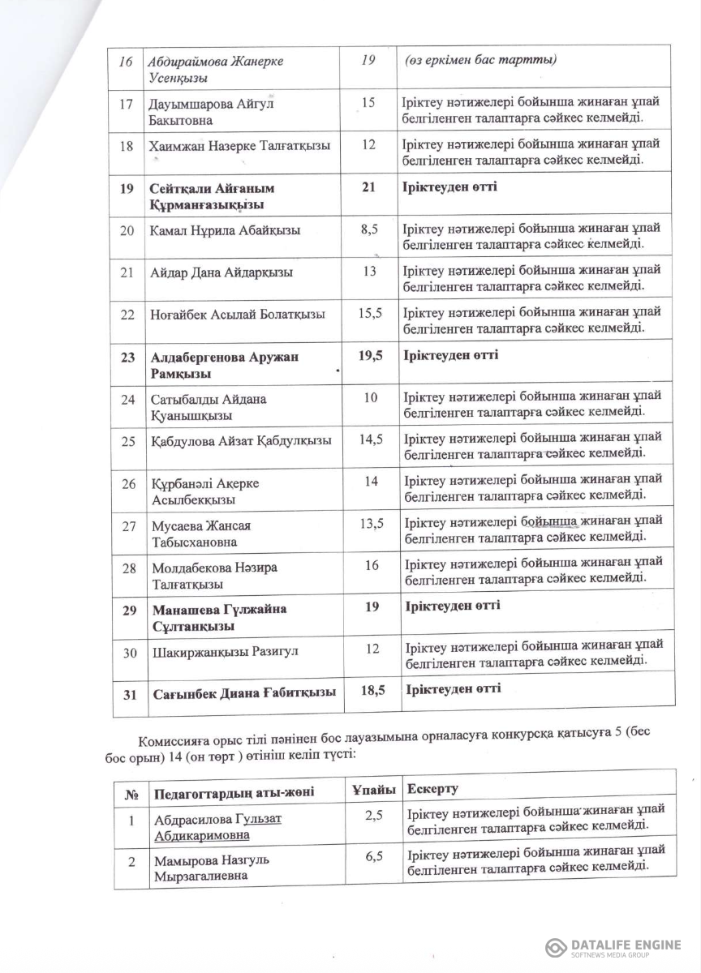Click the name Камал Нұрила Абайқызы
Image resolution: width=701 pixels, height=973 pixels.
coord(226,230)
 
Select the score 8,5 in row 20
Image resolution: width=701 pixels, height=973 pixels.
coord(369,229)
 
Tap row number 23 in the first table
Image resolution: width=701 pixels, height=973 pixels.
coord(127,357)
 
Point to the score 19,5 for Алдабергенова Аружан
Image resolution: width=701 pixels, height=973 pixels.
coord(370,355)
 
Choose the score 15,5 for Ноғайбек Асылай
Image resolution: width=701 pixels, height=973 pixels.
coord(369,313)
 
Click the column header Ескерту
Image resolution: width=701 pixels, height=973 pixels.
coord(432,788)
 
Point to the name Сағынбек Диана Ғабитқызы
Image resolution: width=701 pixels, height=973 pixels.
coord(243,694)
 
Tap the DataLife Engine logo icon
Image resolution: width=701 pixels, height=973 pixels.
coord(556,948)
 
